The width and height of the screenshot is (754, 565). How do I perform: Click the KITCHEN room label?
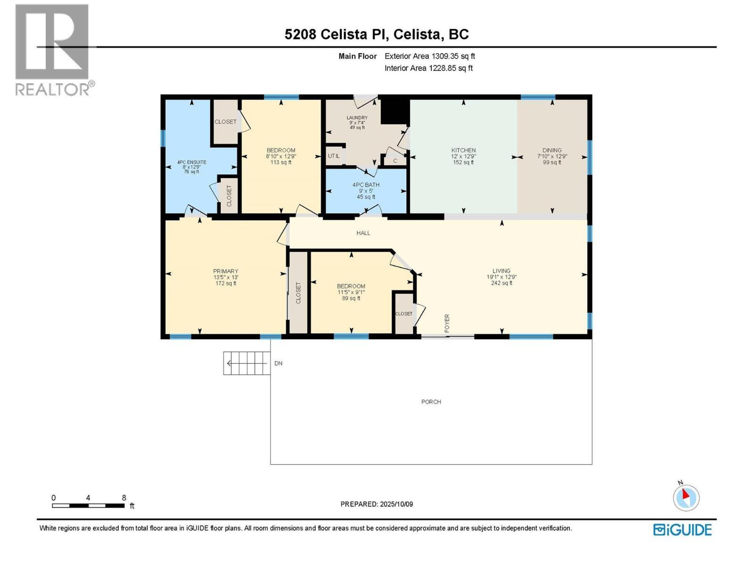[x=463, y=151]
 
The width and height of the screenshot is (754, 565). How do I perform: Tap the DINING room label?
[x=552, y=151]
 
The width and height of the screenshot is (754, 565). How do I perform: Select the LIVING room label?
[x=501, y=271]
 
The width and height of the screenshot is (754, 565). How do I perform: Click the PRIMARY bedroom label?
[x=225, y=271]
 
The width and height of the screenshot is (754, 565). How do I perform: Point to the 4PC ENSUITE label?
[x=191, y=162]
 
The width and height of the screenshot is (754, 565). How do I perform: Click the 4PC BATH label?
[x=366, y=185]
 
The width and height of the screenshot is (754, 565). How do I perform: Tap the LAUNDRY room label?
[x=357, y=118]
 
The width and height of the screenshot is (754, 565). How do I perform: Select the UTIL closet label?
[x=333, y=156]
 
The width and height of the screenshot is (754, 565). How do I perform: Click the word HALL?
[x=363, y=233]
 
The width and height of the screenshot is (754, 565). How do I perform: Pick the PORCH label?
[x=431, y=402]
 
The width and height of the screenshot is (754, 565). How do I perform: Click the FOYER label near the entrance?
[x=447, y=323]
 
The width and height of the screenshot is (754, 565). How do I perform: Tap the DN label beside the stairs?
[x=279, y=363]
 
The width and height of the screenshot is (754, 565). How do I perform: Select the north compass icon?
[x=686, y=497]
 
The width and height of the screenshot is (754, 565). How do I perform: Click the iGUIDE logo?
[x=682, y=530]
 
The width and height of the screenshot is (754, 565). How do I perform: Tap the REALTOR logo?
[x=53, y=49]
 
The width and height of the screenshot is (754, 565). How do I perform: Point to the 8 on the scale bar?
[x=124, y=498]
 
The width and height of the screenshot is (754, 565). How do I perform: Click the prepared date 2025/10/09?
[x=396, y=504]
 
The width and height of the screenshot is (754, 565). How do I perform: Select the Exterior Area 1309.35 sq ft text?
[x=429, y=56]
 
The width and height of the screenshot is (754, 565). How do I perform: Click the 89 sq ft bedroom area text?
[x=351, y=298]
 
